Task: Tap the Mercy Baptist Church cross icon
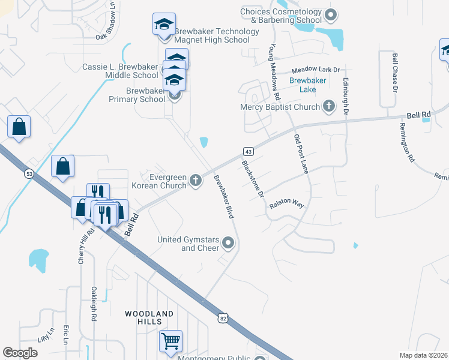[328, 106]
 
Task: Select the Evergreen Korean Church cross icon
[196, 179]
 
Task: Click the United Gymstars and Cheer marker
[228, 243]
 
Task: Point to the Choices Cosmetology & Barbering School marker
[329, 15]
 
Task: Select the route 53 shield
[29, 174]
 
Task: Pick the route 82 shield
[223, 318]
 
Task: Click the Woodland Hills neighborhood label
[149, 317]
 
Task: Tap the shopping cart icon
[171, 341]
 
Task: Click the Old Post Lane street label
[301, 154]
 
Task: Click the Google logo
[20, 353]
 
